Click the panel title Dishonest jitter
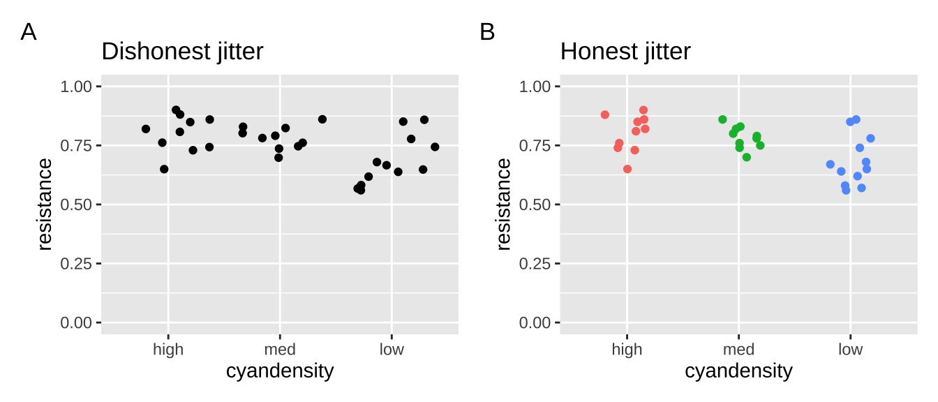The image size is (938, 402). [x=182, y=52]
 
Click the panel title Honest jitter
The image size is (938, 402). [x=625, y=52]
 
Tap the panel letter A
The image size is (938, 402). [x=29, y=32]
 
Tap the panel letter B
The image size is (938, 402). [x=487, y=32]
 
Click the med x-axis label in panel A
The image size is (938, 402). [x=280, y=350]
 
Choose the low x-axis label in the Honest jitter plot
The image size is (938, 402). [x=850, y=350]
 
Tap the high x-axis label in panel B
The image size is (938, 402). [x=627, y=350]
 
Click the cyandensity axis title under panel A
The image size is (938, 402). [x=280, y=371]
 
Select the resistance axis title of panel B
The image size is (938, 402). [x=503, y=204]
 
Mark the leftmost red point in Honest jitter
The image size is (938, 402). [x=605, y=114]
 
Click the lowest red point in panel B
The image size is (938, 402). [x=627, y=169]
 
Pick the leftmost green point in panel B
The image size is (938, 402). [x=722, y=119]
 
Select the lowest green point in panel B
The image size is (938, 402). [x=747, y=157]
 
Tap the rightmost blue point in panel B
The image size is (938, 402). [x=870, y=138]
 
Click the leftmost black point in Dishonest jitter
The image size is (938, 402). [x=146, y=129]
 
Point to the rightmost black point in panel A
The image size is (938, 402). [x=435, y=147]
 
